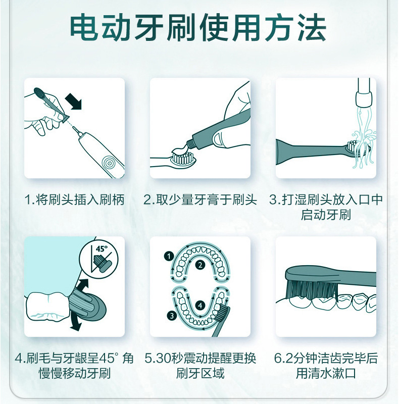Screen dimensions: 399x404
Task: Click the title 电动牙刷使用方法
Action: point(198,28)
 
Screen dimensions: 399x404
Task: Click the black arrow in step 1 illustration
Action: point(73,102)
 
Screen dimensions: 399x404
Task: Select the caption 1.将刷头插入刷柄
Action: point(75,199)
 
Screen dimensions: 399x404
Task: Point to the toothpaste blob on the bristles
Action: point(180,150)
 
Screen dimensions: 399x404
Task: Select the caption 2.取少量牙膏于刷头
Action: point(201,199)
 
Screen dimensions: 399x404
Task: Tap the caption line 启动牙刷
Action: point(326,215)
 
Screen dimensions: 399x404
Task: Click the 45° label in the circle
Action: point(102,249)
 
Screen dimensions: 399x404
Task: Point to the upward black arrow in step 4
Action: point(82,286)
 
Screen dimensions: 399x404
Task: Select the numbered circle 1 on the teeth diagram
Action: point(169,257)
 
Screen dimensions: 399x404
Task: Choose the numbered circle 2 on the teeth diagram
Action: point(201,265)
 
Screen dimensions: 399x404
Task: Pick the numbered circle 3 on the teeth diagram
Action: point(172,315)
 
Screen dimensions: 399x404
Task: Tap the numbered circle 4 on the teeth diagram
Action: point(201,306)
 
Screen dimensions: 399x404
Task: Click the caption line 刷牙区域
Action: point(201,373)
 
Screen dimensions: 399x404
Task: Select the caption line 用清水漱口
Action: point(326,373)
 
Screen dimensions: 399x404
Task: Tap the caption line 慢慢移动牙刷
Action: point(75,373)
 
